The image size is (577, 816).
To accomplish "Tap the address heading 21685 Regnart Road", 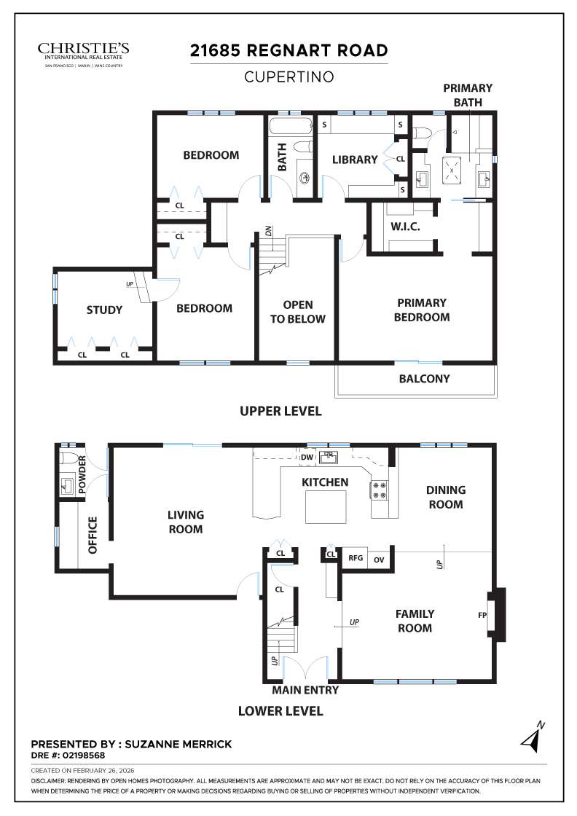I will coord(288,51).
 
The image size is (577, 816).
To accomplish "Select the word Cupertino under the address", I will coord(288,76).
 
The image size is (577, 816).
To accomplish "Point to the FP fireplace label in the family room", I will coord(482,616).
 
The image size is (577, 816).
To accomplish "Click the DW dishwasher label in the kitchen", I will coord(307,458).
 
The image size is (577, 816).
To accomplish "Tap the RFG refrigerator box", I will coord(356,559).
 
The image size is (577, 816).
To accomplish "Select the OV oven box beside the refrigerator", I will coord(379,560).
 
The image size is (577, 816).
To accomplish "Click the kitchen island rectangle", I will coord(326,506).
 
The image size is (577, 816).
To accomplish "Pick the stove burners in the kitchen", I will coord(380,490).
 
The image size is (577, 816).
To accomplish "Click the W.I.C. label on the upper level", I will coord(405,227).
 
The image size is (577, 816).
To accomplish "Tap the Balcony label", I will coord(424,379).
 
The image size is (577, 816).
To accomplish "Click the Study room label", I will coord(104,310).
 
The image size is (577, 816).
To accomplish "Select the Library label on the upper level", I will coord(355,160).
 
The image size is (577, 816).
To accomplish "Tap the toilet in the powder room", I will coord(68,459).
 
